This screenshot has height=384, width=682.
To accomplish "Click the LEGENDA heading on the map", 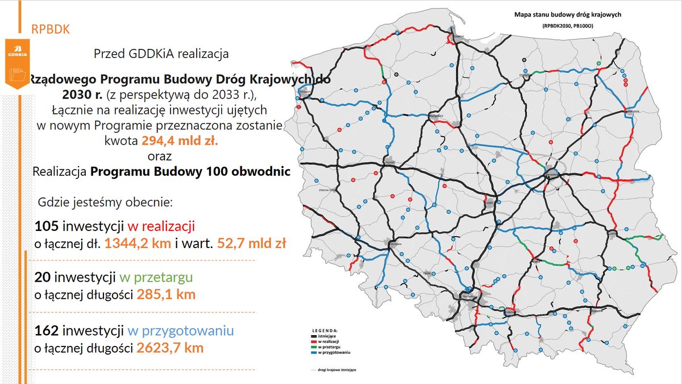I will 326,330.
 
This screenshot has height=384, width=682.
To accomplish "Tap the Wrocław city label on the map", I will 396,243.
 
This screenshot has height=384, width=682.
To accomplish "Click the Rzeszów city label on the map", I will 596,311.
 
